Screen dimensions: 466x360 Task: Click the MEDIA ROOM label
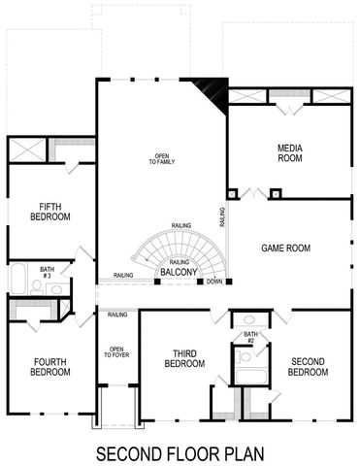point(290,152)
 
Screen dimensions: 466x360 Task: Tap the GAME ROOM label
point(285,249)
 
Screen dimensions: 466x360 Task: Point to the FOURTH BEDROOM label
point(49,366)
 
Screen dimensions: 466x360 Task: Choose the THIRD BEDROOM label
point(184,358)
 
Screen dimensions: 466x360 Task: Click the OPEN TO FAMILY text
point(161,160)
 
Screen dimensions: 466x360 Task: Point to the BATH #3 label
point(47,273)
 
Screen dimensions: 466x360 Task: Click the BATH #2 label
point(249,338)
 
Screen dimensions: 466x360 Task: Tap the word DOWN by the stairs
point(214,283)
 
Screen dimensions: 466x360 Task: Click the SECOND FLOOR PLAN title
point(180,452)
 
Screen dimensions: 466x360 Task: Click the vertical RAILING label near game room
point(223,216)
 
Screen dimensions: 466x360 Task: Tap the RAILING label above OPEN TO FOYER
point(118,315)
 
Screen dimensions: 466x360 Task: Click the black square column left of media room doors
point(232,193)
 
